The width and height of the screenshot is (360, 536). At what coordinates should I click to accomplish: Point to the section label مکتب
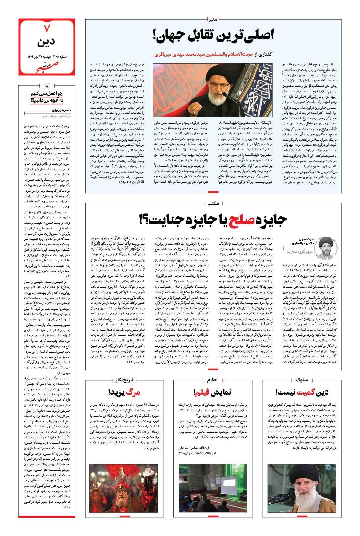(x=214, y=204)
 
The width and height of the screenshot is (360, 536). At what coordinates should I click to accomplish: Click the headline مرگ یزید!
(x=125, y=392)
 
